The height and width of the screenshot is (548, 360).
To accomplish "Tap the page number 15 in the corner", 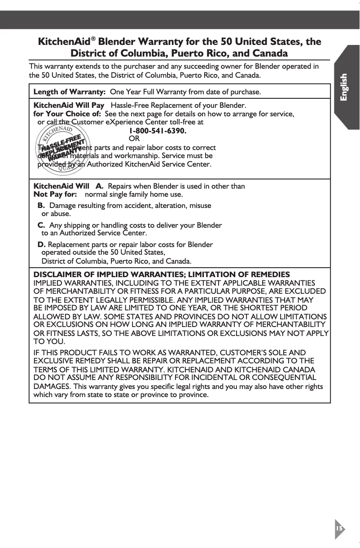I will click(339, 528).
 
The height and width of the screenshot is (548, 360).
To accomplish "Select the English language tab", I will click(344, 88).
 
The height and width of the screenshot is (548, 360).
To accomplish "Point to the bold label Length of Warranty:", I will click(70, 92).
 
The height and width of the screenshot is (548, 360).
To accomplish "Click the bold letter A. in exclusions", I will click(100, 186).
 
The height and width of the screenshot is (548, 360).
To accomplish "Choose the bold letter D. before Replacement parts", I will click(41, 245).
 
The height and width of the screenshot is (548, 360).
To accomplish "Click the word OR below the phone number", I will click(134, 139).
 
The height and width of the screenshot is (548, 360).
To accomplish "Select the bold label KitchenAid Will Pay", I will click(69, 106).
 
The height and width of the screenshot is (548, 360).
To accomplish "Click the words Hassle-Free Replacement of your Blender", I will click(178, 106).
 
